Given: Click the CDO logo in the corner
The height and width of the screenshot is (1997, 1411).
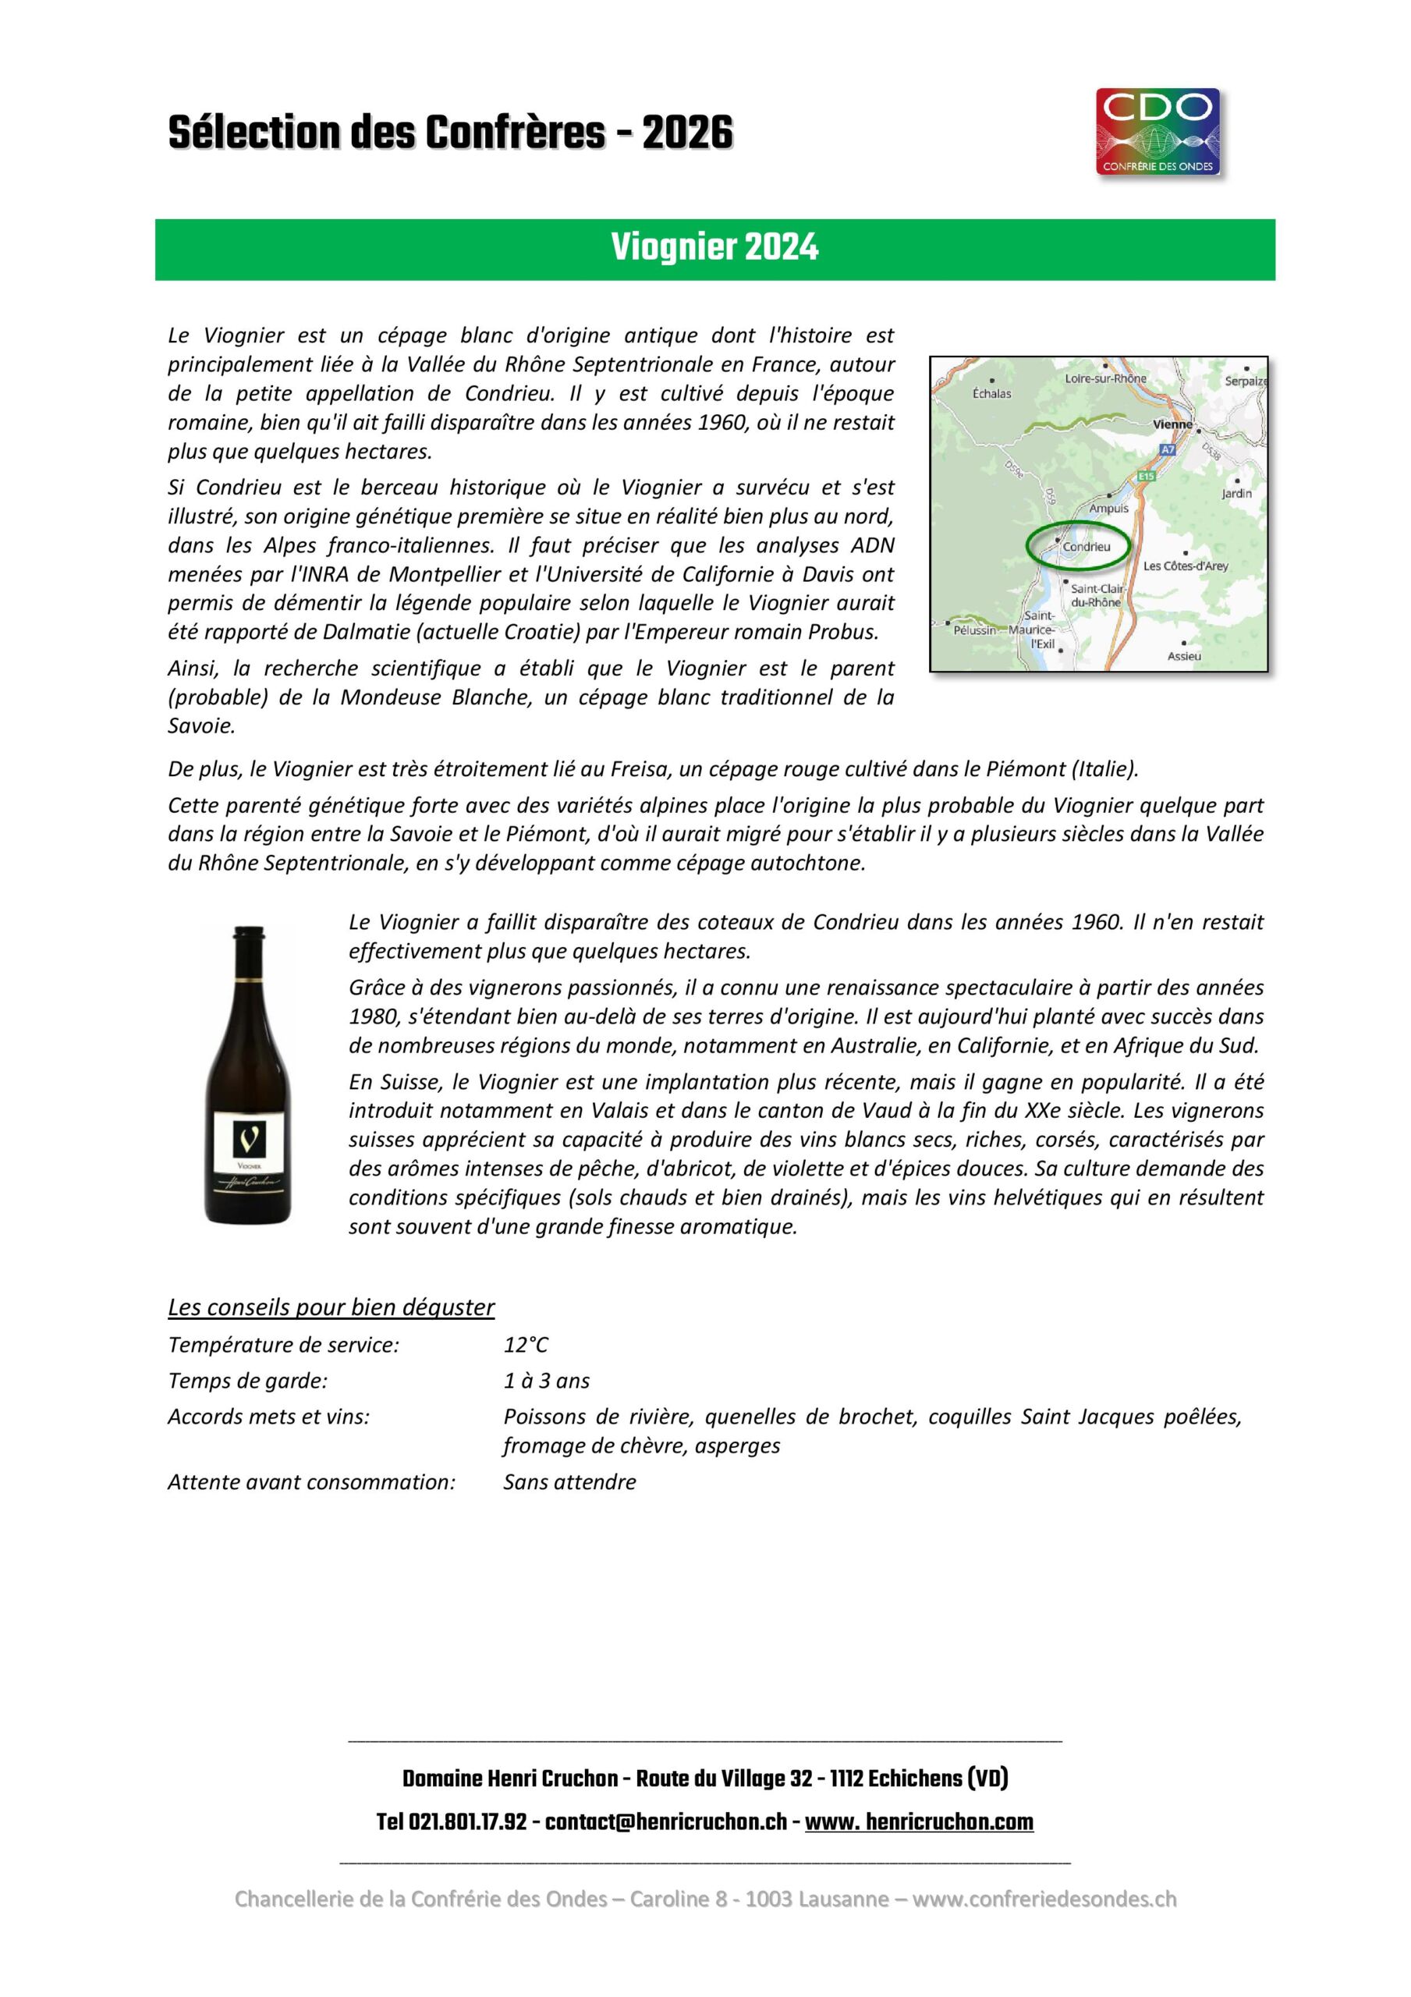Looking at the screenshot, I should point(1158,132).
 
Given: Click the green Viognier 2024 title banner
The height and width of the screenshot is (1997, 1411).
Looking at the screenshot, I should point(714,249).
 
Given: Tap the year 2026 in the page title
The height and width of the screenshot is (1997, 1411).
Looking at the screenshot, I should point(687,134).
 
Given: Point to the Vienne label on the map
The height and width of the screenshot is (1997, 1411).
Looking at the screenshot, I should point(1170,424).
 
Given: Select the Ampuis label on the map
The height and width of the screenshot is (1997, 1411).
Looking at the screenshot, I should point(1108,508).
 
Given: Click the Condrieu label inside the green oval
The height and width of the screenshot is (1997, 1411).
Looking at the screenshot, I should point(1086,547).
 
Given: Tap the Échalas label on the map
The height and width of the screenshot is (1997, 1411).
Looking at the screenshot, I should point(991,394).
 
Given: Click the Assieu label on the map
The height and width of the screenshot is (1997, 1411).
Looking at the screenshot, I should point(1183,656).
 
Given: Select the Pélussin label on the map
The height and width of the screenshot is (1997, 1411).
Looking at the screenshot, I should point(973,630).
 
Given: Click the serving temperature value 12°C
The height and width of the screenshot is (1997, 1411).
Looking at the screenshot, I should point(526,1345).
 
